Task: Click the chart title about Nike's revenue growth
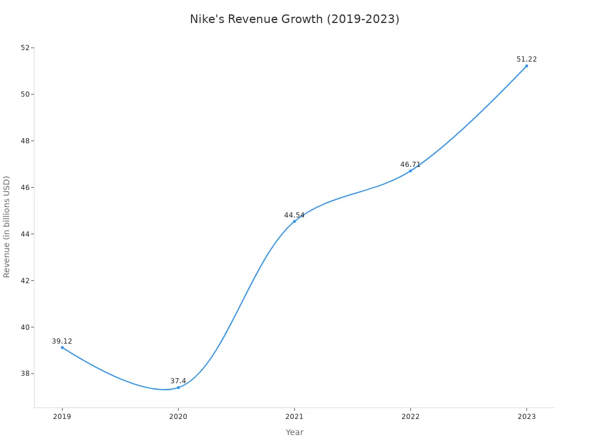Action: (x=294, y=19)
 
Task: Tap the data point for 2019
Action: (x=62, y=348)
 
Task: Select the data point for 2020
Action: (x=178, y=387)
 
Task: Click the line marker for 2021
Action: (x=294, y=222)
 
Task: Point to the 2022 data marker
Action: (x=410, y=171)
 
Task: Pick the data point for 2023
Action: (x=526, y=66)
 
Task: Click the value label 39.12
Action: (x=62, y=341)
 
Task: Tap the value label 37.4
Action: (x=178, y=381)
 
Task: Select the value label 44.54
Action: (x=294, y=215)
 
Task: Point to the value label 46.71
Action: (x=410, y=165)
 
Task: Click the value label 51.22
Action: (x=526, y=59)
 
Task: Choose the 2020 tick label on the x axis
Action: (x=178, y=417)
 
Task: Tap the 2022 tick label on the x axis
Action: (x=410, y=417)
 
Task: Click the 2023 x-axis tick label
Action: (x=526, y=417)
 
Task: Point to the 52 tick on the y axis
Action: (x=25, y=48)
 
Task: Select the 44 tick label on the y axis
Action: (x=25, y=234)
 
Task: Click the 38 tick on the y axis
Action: (x=25, y=374)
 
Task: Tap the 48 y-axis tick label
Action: (x=25, y=141)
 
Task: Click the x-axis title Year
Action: (x=294, y=432)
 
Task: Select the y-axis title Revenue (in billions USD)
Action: (x=7, y=227)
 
